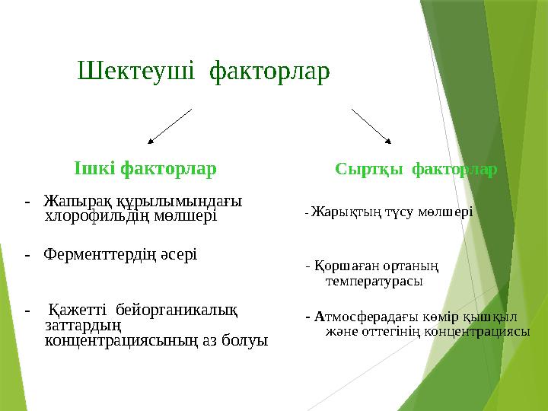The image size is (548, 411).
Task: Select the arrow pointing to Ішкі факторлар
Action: pos(169,126)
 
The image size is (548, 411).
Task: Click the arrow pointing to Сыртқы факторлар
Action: pos(371,126)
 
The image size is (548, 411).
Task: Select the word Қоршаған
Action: pos(342,266)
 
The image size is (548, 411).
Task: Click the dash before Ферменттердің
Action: pos(27,253)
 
